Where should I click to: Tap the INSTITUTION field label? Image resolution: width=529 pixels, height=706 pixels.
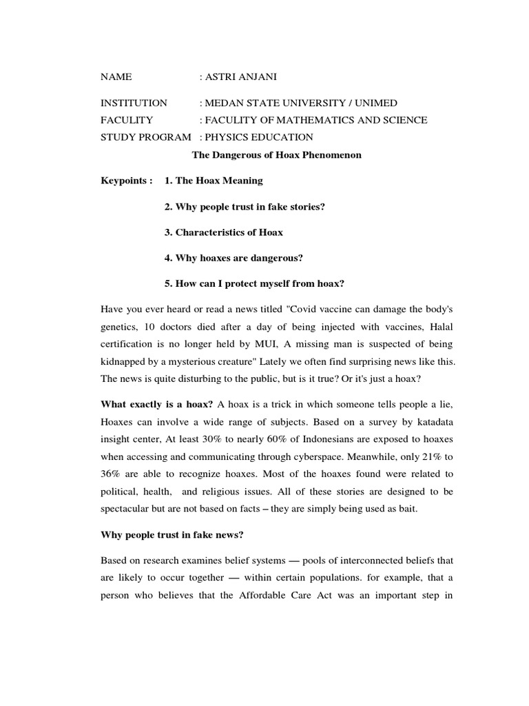tap(134, 103)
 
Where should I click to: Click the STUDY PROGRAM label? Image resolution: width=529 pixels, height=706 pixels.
tap(145, 137)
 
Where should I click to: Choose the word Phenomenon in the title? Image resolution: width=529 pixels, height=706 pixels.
tap(330, 155)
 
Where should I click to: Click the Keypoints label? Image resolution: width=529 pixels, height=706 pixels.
tap(126, 181)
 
